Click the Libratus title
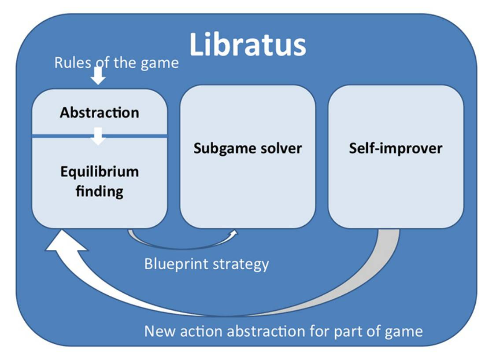tap(248, 44)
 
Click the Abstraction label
tap(100, 113)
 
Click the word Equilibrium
tap(100, 171)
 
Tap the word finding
tap(100, 191)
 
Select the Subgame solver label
tap(248, 148)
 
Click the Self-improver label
tap(396, 148)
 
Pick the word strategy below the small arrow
tap(240, 264)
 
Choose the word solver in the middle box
tap(280, 148)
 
